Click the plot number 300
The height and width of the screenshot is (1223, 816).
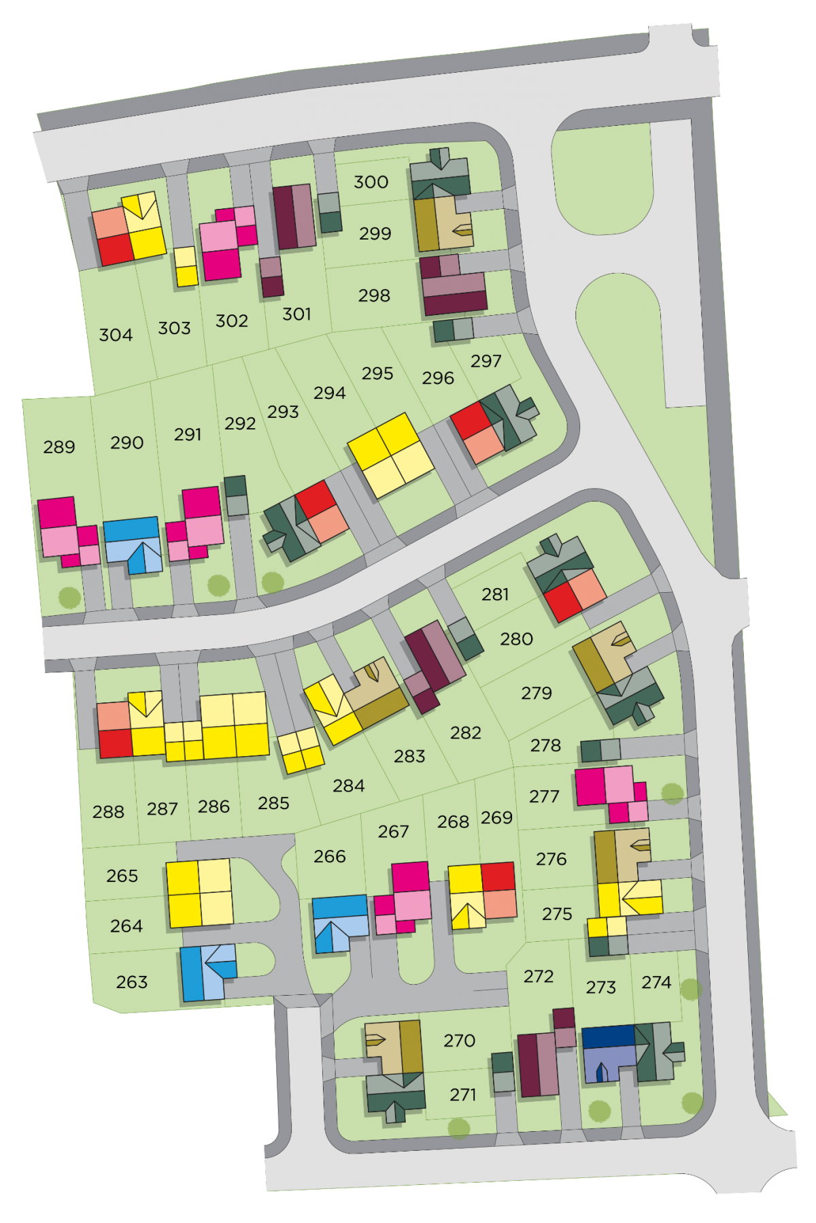click(x=371, y=182)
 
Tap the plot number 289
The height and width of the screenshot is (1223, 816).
click(x=59, y=447)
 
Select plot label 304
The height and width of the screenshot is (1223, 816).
click(x=116, y=335)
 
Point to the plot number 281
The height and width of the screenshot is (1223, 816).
click(x=495, y=594)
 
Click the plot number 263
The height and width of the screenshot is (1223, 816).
click(x=131, y=982)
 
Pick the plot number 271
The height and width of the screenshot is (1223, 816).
click(x=462, y=1094)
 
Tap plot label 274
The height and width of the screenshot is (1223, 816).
click(x=656, y=982)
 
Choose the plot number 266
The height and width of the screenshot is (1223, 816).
click(x=330, y=856)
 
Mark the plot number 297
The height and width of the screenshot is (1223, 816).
click(x=486, y=361)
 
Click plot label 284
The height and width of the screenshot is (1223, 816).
click(x=348, y=786)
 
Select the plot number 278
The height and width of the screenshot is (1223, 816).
click(x=545, y=745)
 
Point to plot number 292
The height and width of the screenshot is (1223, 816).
click(x=240, y=423)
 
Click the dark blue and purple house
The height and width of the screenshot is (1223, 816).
click(x=609, y=1051)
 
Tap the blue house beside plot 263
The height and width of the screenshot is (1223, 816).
click(x=207, y=972)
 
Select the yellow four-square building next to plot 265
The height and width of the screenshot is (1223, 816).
click(x=200, y=893)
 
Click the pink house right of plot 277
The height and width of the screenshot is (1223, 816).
click(x=610, y=793)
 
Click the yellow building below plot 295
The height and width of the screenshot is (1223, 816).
click(x=390, y=455)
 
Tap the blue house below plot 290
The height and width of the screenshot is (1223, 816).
click(x=133, y=543)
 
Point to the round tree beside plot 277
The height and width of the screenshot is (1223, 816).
click(x=672, y=793)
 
